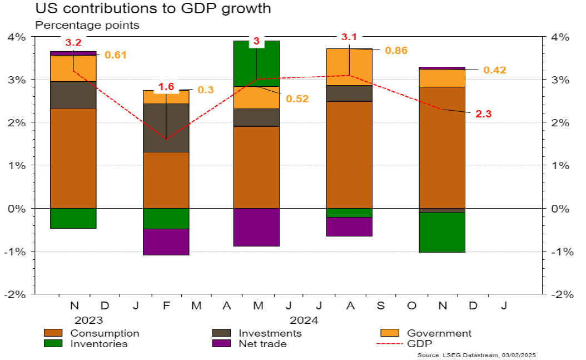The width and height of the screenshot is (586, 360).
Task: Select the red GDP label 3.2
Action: click(73, 42)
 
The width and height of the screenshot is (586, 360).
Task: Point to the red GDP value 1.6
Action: click(166, 87)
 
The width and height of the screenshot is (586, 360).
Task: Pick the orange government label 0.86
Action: click(396, 51)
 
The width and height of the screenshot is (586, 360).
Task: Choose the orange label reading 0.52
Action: click(297, 98)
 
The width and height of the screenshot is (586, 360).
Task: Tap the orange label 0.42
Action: click(495, 70)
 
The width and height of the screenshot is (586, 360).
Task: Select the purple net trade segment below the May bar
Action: click(256, 227)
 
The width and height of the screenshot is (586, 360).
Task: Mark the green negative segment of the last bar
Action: click(442, 232)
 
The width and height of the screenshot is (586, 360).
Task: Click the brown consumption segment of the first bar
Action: click(73, 158)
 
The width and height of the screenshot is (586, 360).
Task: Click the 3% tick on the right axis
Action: click(560, 80)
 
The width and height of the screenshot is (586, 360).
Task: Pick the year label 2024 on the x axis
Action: click(304, 320)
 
